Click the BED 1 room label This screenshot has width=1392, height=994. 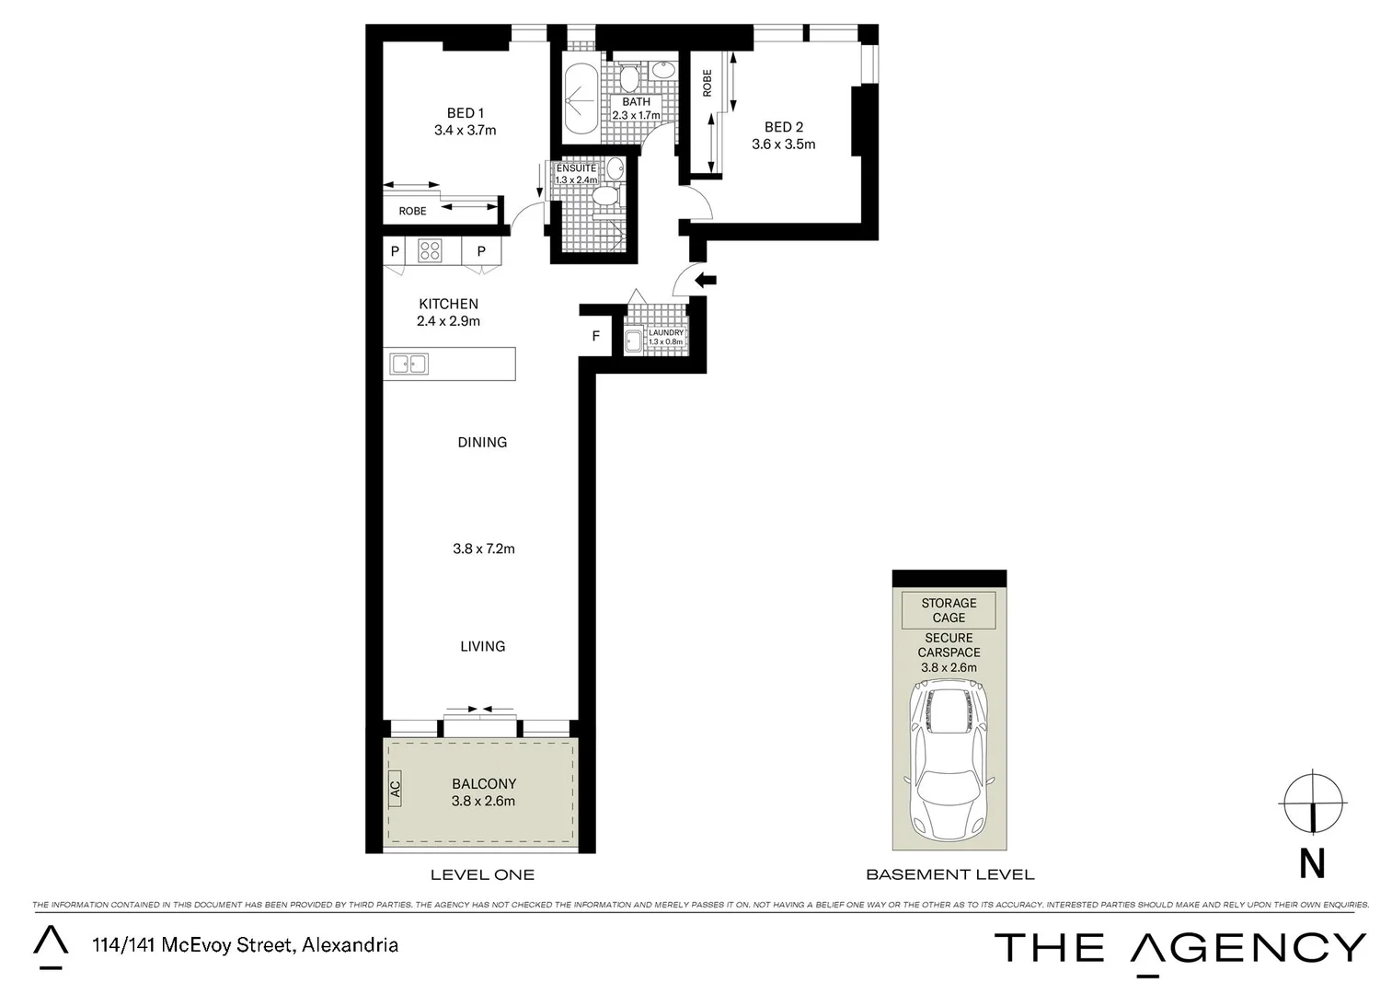coord(465,113)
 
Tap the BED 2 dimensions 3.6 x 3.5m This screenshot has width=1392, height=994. coord(783,144)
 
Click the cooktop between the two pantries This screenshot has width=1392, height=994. coord(430,250)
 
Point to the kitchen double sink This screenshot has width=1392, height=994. coord(409,364)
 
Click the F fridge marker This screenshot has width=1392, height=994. coord(595,337)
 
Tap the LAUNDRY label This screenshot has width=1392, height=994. coord(665,333)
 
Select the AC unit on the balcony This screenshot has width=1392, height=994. coord(395,789)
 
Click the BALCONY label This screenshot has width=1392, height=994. coord(483,784)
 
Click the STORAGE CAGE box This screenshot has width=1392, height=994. coord(949,610)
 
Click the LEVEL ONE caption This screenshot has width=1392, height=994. coord(482,874)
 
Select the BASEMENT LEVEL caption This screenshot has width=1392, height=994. coord(949,874)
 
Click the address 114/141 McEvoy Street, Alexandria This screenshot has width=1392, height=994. coord(244,945)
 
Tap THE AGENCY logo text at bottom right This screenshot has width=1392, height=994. coord(1179,947)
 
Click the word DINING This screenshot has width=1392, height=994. coord(482,443)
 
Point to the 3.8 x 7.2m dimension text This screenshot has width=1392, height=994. coord(483,549)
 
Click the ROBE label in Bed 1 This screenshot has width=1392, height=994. coord(412,212)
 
